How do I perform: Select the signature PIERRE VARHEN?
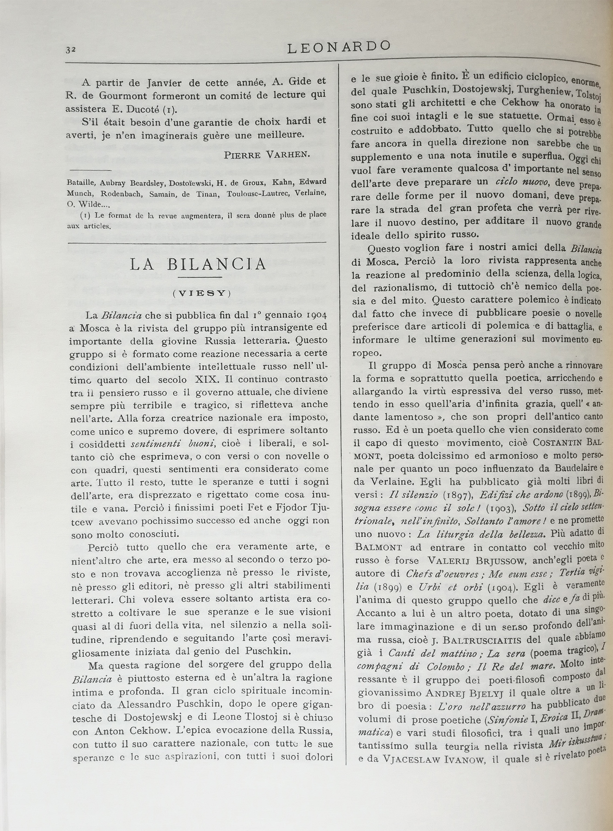[x=266, y=155]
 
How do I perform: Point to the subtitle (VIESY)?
[x=202, y=293]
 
